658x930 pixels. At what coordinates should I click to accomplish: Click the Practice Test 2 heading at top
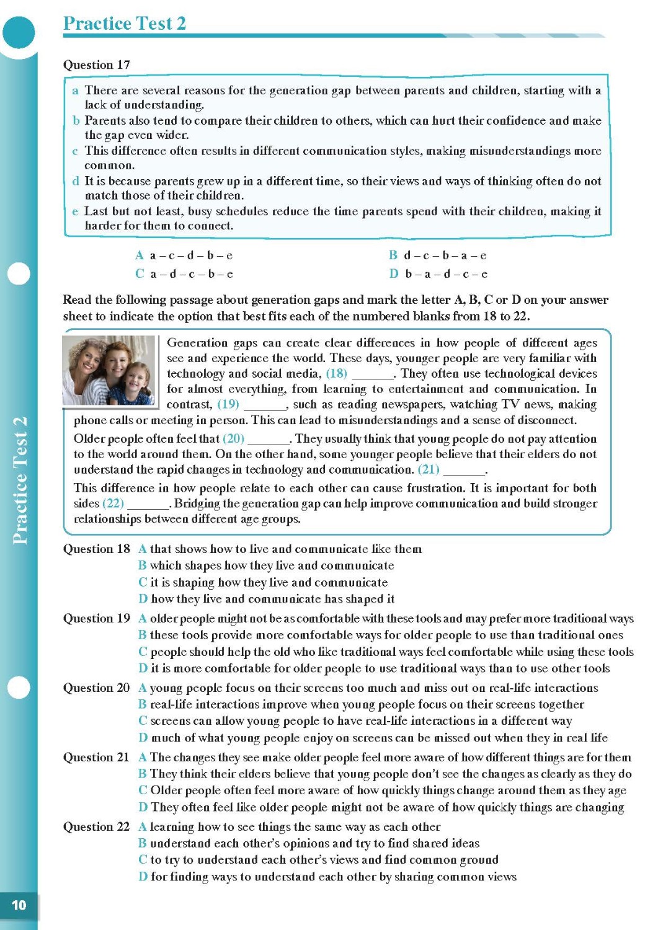125,24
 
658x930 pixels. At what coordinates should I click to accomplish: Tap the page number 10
19,905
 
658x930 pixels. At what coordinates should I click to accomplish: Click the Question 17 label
96,64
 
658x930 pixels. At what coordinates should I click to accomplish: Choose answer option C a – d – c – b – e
184,274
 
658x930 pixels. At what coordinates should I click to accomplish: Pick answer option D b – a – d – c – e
438,274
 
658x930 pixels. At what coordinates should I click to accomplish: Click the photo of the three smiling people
109,370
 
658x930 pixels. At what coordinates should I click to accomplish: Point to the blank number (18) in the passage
337,374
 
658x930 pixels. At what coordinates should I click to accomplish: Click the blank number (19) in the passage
228,405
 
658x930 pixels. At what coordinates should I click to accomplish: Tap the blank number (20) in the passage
234,439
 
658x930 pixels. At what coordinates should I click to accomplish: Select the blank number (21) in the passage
429,469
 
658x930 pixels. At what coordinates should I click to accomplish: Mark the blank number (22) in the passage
113,503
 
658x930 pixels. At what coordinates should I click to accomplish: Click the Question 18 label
96,549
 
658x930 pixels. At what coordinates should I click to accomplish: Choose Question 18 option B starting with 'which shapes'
266,565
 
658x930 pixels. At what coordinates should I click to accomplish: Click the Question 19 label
96,618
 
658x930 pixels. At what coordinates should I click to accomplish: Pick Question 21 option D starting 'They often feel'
381,807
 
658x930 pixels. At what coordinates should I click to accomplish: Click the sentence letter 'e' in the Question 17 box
75,211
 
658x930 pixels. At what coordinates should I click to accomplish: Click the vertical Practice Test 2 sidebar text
20,480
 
